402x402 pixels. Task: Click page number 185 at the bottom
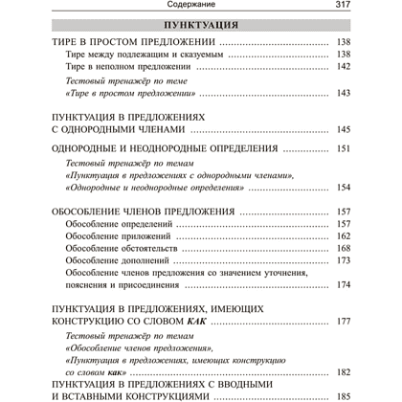[344, 395]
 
